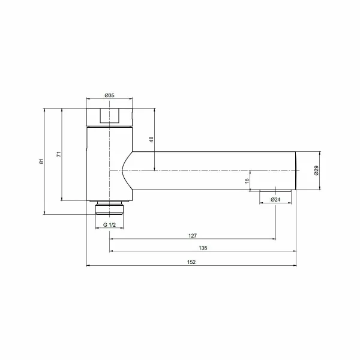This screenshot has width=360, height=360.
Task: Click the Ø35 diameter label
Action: click(x=109, y=95)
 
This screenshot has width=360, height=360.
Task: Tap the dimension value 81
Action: click(x=41, y=161)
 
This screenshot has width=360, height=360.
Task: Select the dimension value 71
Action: click(x=59, y=154)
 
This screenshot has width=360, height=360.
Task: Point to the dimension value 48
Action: click(x=151, y=139)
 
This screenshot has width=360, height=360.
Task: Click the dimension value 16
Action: click(x=247, y=181)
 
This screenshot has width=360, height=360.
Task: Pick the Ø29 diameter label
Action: click(x=316, y=171)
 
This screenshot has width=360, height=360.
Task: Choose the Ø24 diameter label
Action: click(x=275, y=199)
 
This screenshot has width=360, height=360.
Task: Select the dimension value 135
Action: click(x=202, y=248)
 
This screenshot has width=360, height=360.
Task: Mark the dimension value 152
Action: click(x=192, y=262)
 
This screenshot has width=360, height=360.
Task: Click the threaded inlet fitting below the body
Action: click(x=110, y=208)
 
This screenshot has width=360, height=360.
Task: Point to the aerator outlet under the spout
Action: click(x=275, y=191)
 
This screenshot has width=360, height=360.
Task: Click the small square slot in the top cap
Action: click(x=110, y=115)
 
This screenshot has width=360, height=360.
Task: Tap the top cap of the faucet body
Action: click(x=110, y=116)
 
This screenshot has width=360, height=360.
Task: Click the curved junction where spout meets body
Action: click(x=125, y=170)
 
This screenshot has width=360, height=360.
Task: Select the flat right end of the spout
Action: click(x=297, y=171)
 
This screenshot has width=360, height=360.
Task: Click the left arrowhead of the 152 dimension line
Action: click(x=89, y=265)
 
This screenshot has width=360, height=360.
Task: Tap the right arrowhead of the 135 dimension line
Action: click(x=295, y=251)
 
